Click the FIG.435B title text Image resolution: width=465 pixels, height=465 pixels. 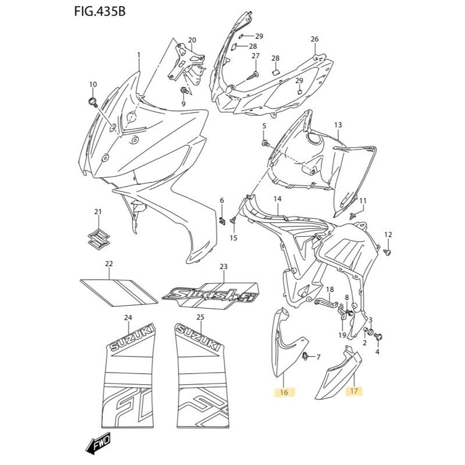99,12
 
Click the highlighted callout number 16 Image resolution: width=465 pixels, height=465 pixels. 284,392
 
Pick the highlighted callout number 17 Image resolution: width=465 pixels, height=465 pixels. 354,391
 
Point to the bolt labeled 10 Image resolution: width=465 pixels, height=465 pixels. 93,102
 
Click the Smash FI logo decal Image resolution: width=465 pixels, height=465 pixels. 210,295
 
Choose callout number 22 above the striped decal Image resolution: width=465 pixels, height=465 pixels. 109,264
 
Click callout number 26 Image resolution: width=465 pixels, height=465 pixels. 314,39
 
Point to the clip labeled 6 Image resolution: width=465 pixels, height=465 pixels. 222,221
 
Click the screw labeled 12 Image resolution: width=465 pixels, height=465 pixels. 388,252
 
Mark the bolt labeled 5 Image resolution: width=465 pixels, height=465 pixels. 265,144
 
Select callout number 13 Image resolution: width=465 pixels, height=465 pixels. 338,125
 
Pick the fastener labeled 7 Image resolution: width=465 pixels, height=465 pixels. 305,356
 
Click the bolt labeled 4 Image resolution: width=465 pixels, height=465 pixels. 378,337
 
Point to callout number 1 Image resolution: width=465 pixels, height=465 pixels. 138,55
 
